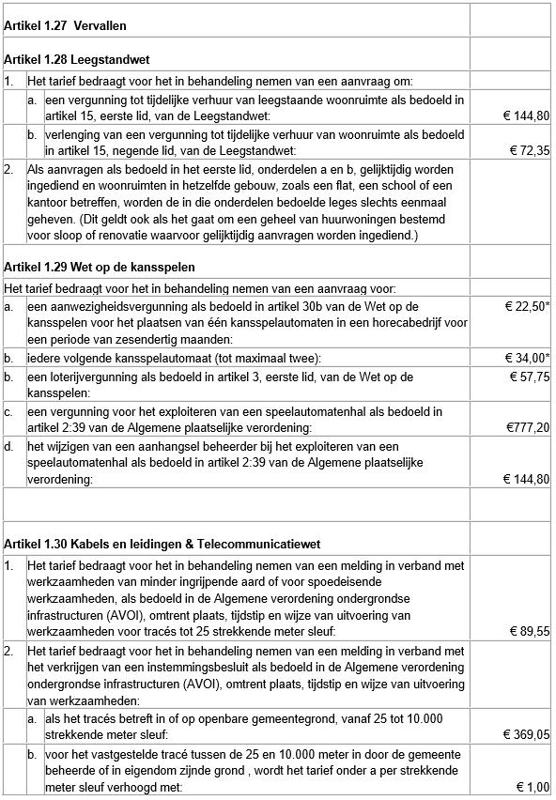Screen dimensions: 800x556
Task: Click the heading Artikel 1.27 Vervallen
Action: point(65,25)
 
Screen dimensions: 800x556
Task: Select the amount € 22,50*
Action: point(526,307)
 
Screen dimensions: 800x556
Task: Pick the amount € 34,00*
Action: point(526,359)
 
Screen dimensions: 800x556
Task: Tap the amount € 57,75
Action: point(529,377)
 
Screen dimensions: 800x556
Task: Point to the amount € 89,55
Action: point(529,632)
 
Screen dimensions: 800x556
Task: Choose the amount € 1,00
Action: point(533,787)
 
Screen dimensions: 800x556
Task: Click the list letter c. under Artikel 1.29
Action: point(8,411)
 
